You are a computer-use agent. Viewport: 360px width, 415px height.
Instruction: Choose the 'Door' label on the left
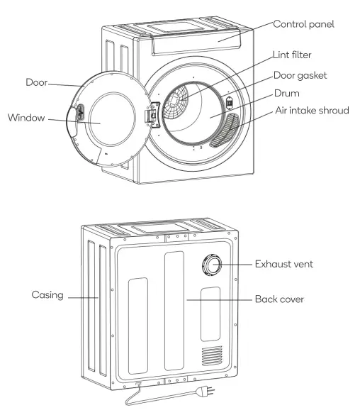(36, 82)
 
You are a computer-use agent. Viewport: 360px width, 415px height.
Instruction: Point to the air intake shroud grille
(226, 128)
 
